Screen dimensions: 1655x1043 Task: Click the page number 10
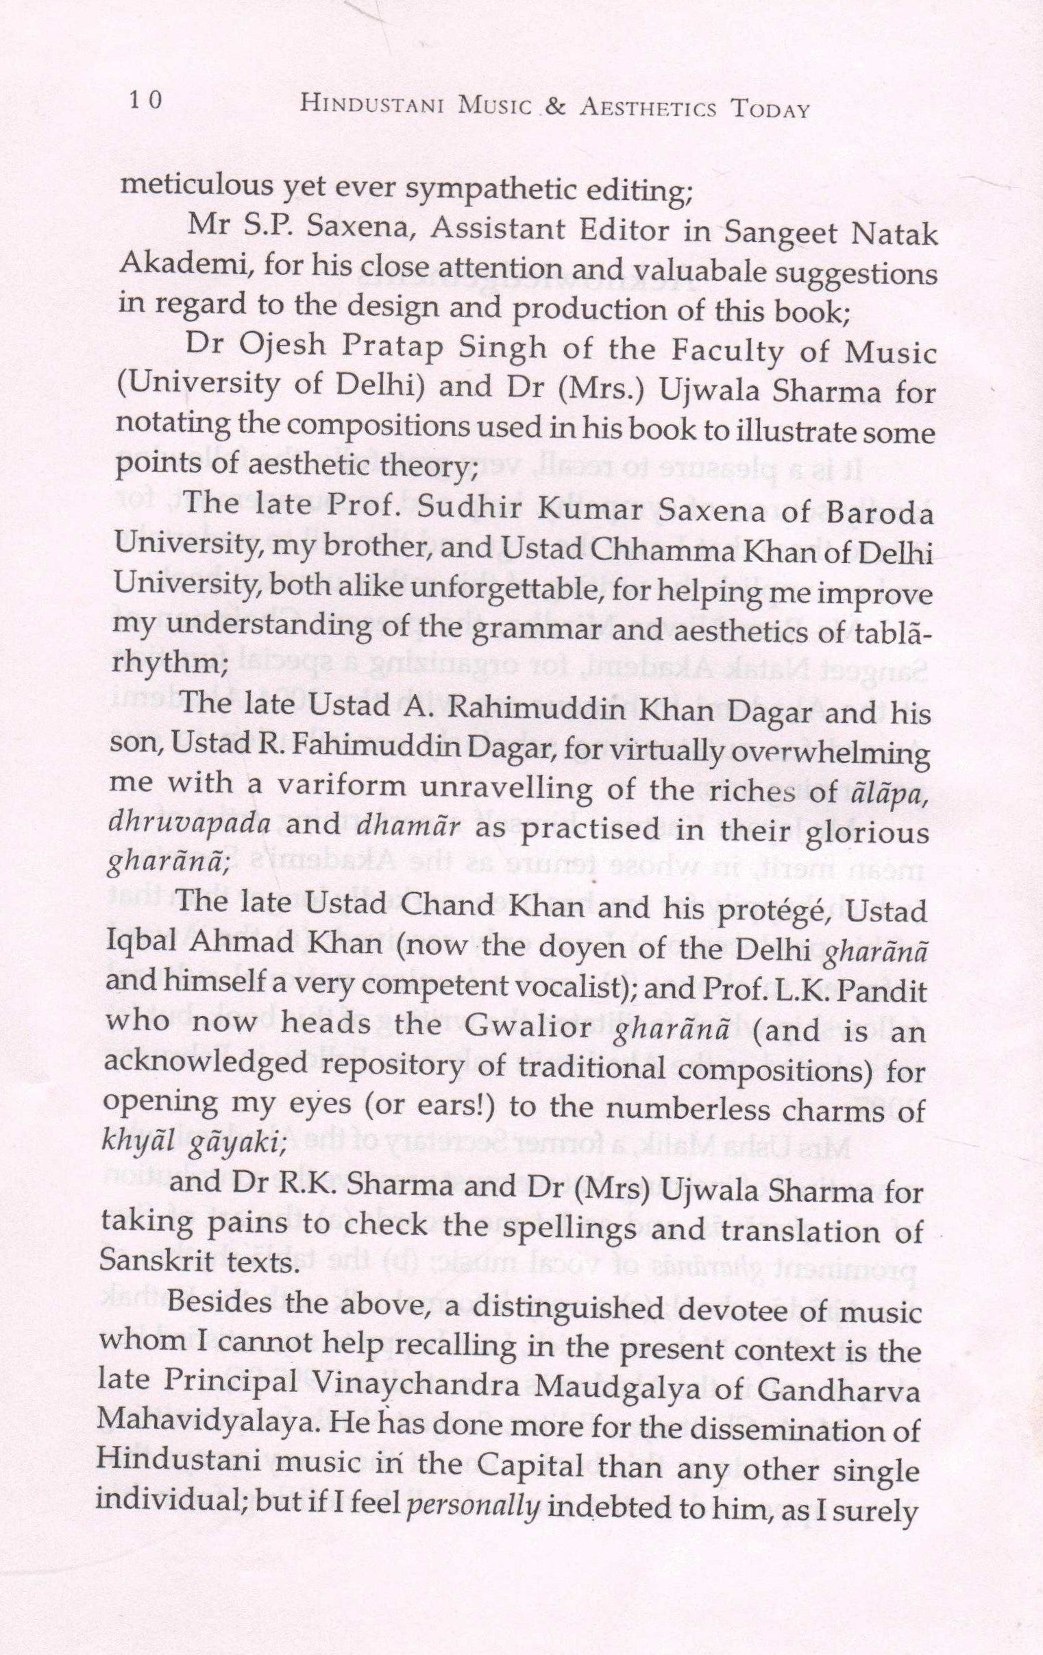pyautogui.click(x=145, y=101)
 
